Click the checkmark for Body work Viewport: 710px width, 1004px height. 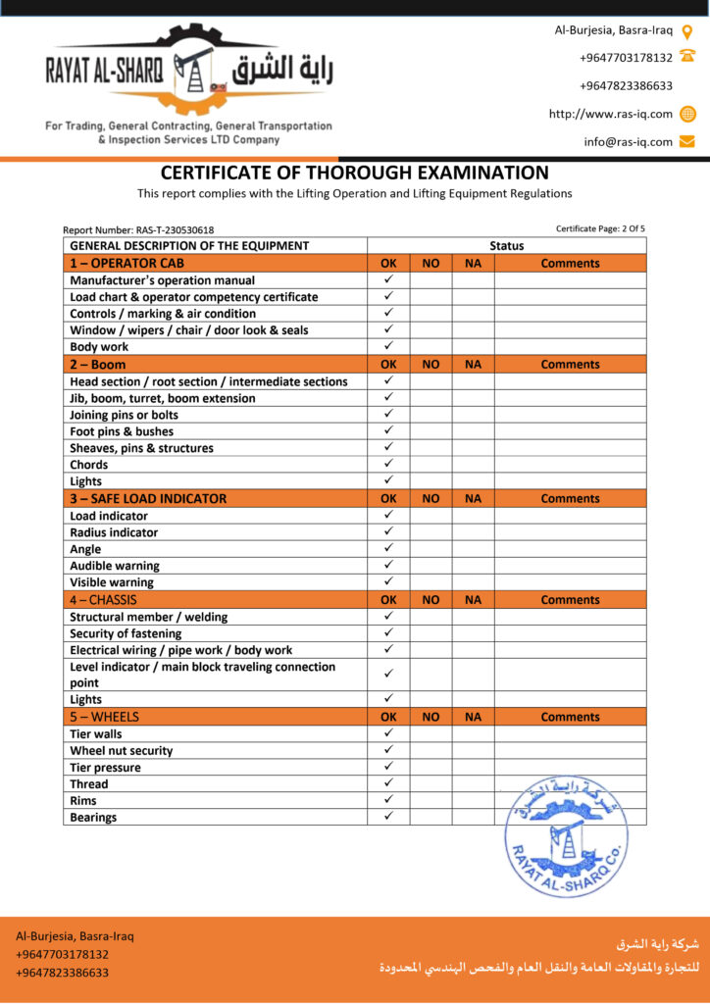click(x=388, y=346)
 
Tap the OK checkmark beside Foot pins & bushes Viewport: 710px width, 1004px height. click(x=388, y=430)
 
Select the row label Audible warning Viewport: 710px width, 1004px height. click(x=115, y=566)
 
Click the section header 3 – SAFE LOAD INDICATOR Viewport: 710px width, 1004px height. click(x=148, y=498)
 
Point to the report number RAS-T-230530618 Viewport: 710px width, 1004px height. click(x=138, y=230)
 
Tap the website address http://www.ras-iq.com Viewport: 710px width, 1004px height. click(x=610, y=114)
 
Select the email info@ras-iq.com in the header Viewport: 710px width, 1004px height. click(x=628, y=141)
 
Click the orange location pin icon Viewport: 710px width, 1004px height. click(x=687, y=30)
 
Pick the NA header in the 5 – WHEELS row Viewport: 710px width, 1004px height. click(x=473, y=717)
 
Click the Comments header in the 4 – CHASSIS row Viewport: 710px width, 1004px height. click(x=570, y=599)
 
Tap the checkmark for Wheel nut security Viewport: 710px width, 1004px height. click(x=388, y=750)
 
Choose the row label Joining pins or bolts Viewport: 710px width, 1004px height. click(x=124, y=415)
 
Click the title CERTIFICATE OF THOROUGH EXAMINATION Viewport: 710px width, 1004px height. click(x=355, y=173)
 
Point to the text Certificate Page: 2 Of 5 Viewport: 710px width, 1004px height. click(x=600, y=228)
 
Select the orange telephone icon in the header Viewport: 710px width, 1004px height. click(x=687, y=58)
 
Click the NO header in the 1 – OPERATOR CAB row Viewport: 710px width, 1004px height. click(x=431, y=263)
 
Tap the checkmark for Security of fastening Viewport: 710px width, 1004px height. click(x=388, y=633)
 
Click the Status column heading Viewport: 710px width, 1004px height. click(x=506, y=246)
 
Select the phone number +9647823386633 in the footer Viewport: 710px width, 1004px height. click(x=62, y=973)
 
